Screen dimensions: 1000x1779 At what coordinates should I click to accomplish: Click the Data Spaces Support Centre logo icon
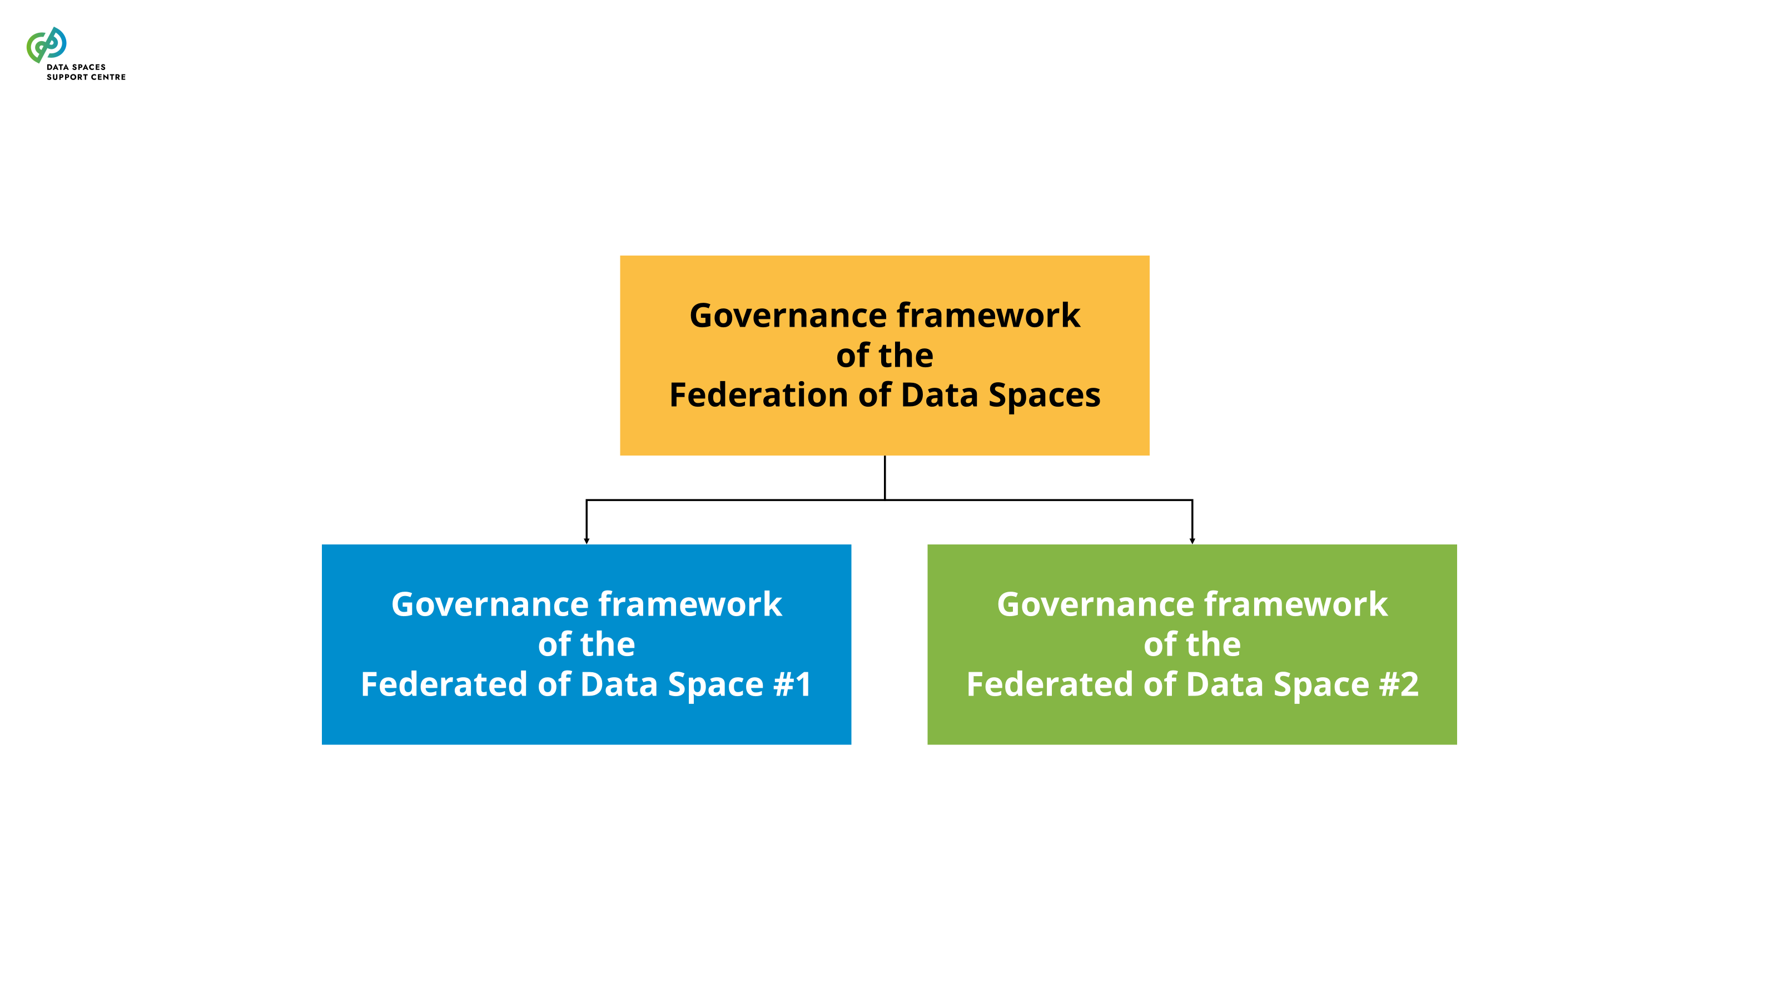tap(46, 45)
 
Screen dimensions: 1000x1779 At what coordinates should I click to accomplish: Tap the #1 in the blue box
tap(792, 684)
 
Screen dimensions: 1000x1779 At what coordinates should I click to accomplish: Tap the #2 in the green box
tap(1399, 684)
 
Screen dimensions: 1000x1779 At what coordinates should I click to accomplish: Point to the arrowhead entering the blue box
tap(587, 541)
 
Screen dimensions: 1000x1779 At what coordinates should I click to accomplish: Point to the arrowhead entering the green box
tap(1192, 541)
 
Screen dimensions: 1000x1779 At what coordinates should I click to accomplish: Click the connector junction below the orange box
tap(884, 499)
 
